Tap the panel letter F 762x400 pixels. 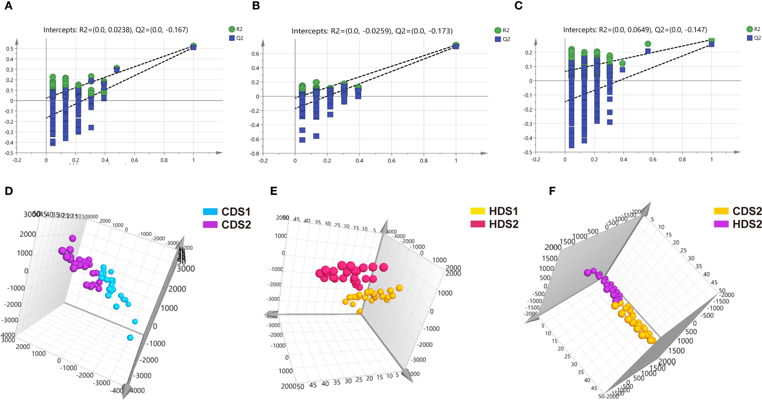coord(552,191)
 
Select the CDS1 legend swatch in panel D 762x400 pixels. coord(210,212)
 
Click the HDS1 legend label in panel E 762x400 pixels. coord(504,211)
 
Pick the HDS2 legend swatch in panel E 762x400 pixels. coord(478,224)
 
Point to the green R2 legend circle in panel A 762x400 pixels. coord(232,29)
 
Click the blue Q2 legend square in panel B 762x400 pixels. coord(498,39)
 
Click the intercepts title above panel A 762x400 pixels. coord(116,30)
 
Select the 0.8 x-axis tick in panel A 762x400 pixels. coord(164,160)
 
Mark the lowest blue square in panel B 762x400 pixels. coord(302,140)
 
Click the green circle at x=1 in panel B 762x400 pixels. coord(456,45)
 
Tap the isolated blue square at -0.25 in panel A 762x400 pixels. coord(91,127)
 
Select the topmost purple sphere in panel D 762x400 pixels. coord(73,238)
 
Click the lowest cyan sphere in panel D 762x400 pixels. coord(130,338)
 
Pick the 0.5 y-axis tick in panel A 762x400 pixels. coord(10,49)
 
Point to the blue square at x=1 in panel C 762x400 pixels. coord(711,44)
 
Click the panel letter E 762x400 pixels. coord(274,191)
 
